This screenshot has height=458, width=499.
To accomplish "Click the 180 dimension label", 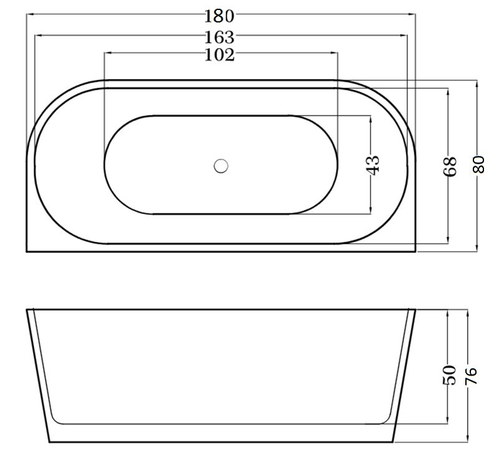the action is (219, 16).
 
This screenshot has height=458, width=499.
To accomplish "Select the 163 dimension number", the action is (219, 37).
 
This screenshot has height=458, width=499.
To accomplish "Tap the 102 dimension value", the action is (220, 55).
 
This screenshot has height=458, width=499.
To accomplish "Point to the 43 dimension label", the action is (374, 165).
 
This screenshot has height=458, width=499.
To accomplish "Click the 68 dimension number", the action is (449, 166).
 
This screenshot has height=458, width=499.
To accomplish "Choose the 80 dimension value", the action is (478, 164).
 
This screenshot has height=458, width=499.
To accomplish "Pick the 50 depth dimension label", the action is (449, 375).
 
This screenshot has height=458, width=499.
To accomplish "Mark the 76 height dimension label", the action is (471, 376).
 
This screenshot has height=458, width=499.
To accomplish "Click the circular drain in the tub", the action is (221, 166).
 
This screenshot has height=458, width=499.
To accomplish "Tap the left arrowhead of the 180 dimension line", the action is (30, 14).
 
